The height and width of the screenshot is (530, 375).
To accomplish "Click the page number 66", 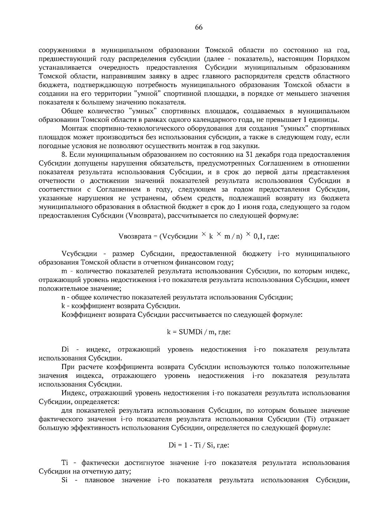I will (199, 27).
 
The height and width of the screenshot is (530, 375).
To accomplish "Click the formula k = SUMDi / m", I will (199, 332).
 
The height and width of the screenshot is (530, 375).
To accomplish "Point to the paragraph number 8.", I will (64, 155).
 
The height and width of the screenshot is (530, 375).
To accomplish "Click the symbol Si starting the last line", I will (65, 480).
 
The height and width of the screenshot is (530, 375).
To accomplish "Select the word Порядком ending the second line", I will (334, 59).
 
